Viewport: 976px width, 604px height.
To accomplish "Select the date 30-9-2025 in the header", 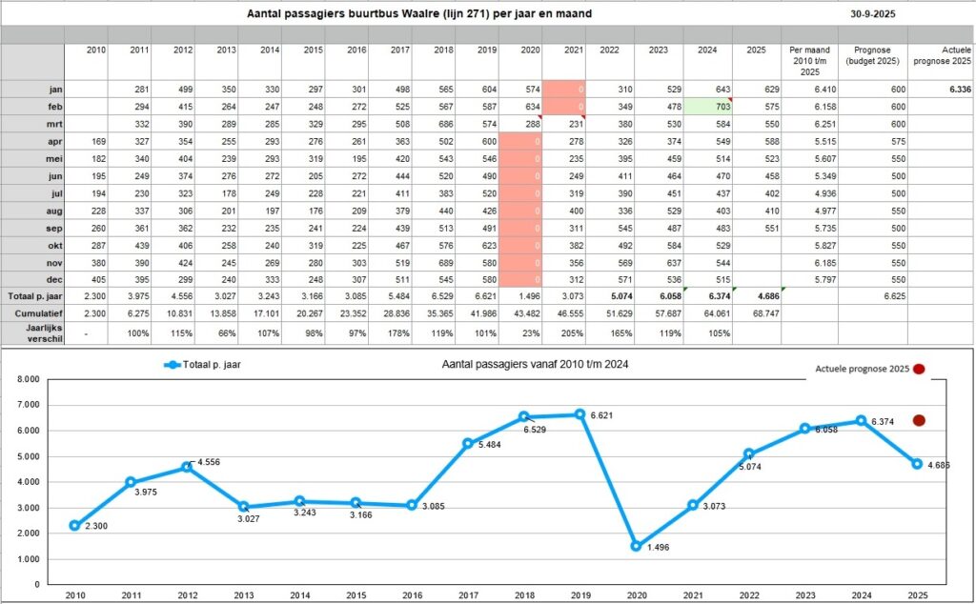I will tap(873, 14).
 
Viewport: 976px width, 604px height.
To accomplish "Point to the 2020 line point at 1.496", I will tap(636, 547).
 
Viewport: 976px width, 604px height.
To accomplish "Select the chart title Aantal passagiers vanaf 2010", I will tap(536, 364).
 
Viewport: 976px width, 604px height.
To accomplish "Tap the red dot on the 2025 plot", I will tap(919, 420).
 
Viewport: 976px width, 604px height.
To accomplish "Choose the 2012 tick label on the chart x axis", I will tap(187, 594).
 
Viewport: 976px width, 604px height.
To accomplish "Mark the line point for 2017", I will tap(467, 443).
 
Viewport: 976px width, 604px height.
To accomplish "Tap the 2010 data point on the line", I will tap(74, 525).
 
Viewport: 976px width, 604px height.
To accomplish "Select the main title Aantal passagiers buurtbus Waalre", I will tap(417, 14).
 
